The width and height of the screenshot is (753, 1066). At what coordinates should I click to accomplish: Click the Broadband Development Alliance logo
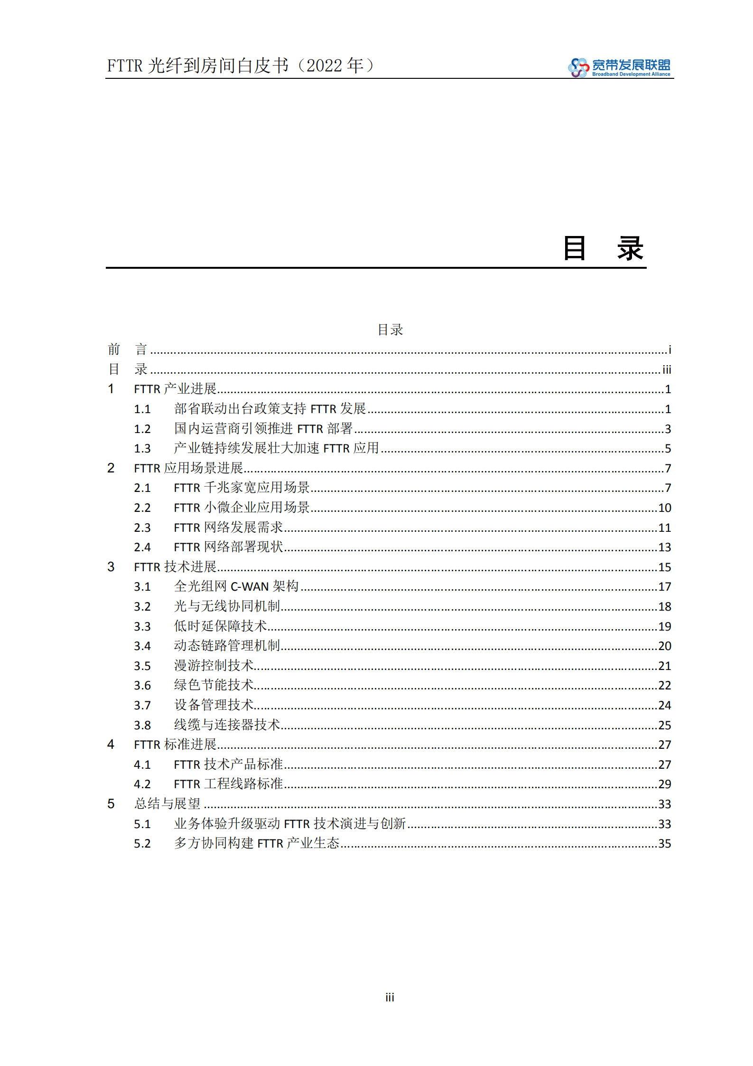click(619, 67)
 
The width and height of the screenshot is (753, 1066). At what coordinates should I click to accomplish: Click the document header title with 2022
click(241, 66)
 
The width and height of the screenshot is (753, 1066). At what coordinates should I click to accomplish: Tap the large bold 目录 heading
click(603, 248)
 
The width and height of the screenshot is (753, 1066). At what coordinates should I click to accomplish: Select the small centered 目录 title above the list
click(390, 330)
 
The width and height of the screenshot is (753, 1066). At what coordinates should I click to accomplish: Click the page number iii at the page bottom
click(390, 997)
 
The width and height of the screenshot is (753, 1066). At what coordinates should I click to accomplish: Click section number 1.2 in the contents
click(142, 429)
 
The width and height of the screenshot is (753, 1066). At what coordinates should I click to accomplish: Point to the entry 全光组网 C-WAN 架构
click(236, 586)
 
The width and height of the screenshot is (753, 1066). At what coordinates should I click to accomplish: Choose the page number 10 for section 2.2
click(664, 508)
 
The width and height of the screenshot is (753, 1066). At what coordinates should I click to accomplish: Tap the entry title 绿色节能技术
click(214, 685)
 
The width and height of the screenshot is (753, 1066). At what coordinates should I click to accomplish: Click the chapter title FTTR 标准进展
click(175, 745)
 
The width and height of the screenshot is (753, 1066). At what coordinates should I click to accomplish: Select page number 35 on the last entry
click(664, 844)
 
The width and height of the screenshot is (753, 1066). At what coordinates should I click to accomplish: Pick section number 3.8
click(142, 726)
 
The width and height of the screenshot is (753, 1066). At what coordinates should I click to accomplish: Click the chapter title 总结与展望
click(167, 804)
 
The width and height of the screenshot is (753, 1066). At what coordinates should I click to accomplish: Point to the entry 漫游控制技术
click(214, 666)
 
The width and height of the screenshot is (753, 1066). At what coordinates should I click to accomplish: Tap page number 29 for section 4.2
click(664, 784)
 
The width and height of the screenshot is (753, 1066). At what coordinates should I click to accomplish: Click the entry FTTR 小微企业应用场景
click(242, 508)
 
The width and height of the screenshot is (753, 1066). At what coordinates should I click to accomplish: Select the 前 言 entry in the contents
click(128, 350)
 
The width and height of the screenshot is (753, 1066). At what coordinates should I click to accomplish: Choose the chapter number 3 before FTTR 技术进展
click(111, 567)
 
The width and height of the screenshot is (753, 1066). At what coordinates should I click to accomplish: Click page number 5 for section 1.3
click(668, 449)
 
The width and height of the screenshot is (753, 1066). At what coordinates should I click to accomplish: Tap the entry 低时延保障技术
click(220, 626)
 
